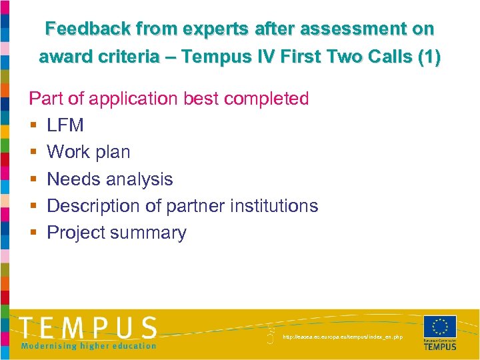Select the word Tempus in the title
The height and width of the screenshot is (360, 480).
214,57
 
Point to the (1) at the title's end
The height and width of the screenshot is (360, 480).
427,57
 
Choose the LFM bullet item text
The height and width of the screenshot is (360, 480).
65,125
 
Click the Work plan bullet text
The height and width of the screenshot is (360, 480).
89,152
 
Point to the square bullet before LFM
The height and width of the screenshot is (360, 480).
32,125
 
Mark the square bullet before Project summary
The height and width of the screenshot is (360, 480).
32,233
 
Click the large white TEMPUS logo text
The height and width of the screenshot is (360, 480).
88,329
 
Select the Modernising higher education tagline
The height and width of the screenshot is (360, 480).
88,345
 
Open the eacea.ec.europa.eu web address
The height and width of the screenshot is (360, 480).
343,337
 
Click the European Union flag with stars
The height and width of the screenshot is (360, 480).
440,327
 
